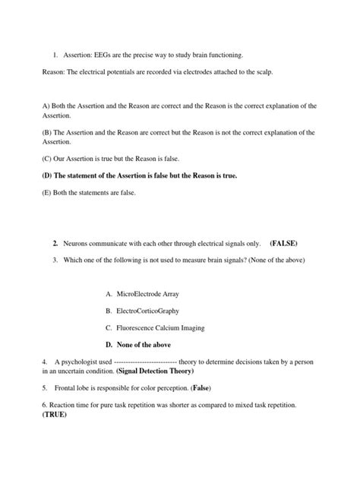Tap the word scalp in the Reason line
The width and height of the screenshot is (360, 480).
click(258, 71)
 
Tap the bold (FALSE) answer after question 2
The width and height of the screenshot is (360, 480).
click(283, 243)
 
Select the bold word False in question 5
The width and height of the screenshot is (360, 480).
click(201, 387)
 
